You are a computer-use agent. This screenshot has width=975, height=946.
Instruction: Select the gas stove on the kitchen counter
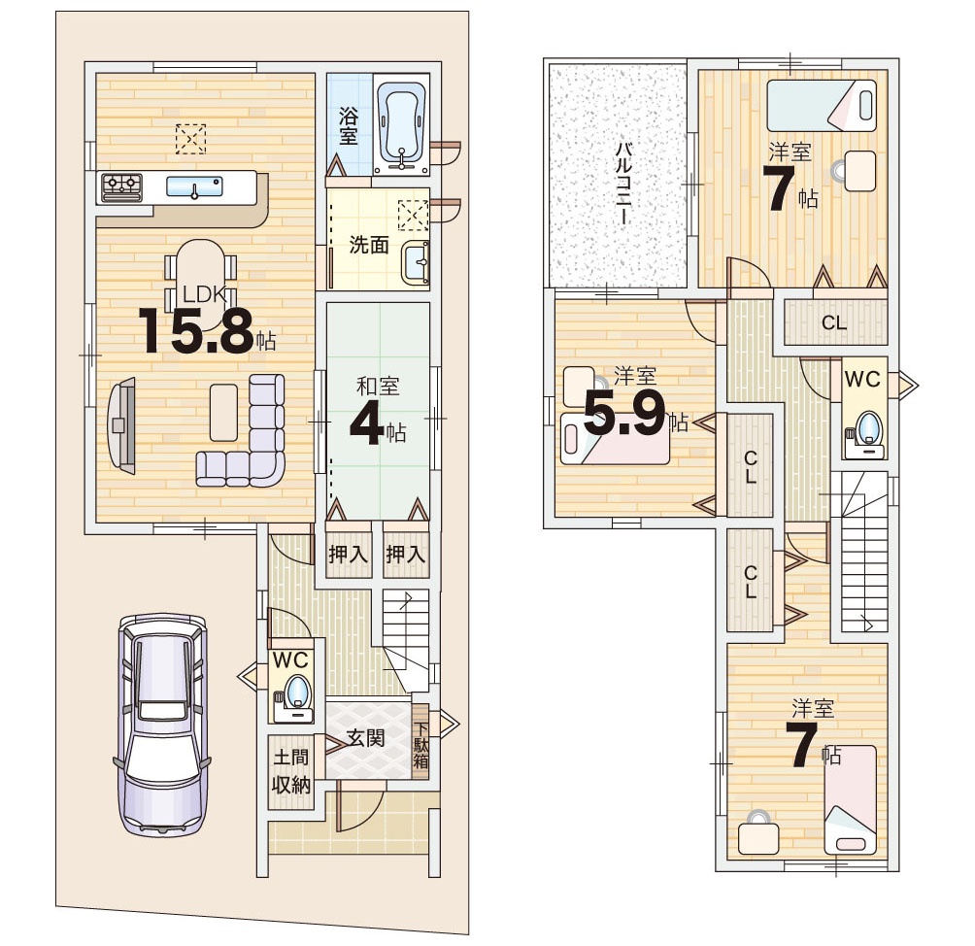pyautogui.click(x=122, y=186)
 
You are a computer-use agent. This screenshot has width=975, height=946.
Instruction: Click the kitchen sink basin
pyautogui.click(x=194, y=186)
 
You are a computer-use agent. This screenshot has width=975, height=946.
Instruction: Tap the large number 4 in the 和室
pyautogui.click(x=365, y=424)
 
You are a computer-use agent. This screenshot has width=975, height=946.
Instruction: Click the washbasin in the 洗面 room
pyautogui.click(x=415, y=263)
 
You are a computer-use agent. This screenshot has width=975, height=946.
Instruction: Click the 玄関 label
pyautogui.click(x=365, y=738)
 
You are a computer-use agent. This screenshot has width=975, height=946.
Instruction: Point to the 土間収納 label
pyautogui.click(x=290, y=771)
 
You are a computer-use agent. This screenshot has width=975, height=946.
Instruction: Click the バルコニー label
pyautogui.click(x=623, y=184)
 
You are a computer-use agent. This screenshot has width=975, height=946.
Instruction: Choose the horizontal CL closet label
pyautogui.click(x=834, y=322)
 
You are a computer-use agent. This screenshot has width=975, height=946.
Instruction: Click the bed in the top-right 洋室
pyautogui.click(x=822, y=106)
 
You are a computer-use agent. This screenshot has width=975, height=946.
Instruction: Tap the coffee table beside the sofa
pyautogui.click(x=223, y=413)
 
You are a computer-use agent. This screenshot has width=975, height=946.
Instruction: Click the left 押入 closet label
pyautogui.click(x=348, y=554)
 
